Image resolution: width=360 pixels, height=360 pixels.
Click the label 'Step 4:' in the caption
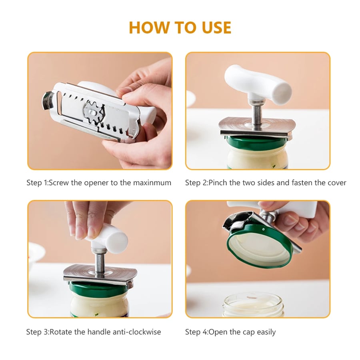click(196, 332)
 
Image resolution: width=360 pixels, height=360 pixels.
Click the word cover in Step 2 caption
click(336, 183)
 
